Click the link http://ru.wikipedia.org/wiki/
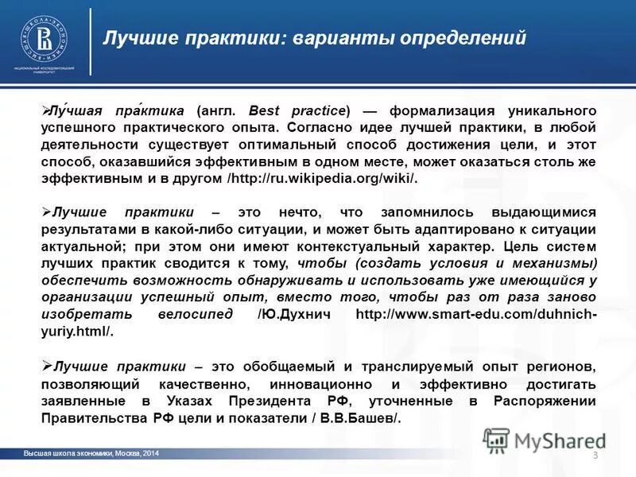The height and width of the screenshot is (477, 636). click(x=322, y=179)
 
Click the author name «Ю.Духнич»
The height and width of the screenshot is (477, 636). click(x=303, y=314)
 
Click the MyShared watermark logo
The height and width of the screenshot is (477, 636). click(x=545, y=440)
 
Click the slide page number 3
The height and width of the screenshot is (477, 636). click(x=595, y=454)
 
